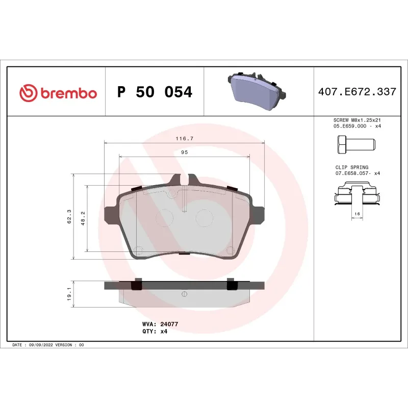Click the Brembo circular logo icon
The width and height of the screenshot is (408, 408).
click(29, 93)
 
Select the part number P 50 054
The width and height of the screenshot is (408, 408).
click(155, 92)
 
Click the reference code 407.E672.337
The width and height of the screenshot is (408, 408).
click(357, 92)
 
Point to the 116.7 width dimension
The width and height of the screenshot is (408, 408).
click(184, 138)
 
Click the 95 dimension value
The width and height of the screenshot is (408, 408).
click(184, 152)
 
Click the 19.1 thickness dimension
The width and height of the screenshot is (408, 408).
click(68, 294)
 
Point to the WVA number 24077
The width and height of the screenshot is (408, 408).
click(169, 324)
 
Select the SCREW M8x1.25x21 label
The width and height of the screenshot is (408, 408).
click(356, 120)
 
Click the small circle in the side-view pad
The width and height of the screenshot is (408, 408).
click(185, 294)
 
